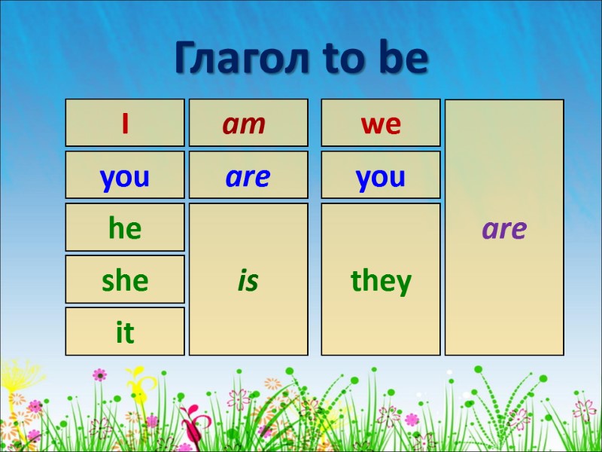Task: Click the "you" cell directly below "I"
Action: click(x=124, y=177)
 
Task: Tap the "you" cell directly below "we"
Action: click(x=381, y=177)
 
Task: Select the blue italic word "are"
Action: click(x=248, y=177)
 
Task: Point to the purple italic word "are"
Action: click(x=504, y=229)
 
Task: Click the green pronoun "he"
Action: click(x=124, y=228)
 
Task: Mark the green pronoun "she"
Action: click(x=124, y=281)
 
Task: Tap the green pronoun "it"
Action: click(x=124, y=333)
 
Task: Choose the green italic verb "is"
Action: click(x=248, y=281)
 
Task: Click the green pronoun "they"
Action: click(x=381, y=281)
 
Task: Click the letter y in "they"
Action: click(x=404, y=284)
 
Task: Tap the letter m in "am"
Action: click(x=253, y=125)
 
